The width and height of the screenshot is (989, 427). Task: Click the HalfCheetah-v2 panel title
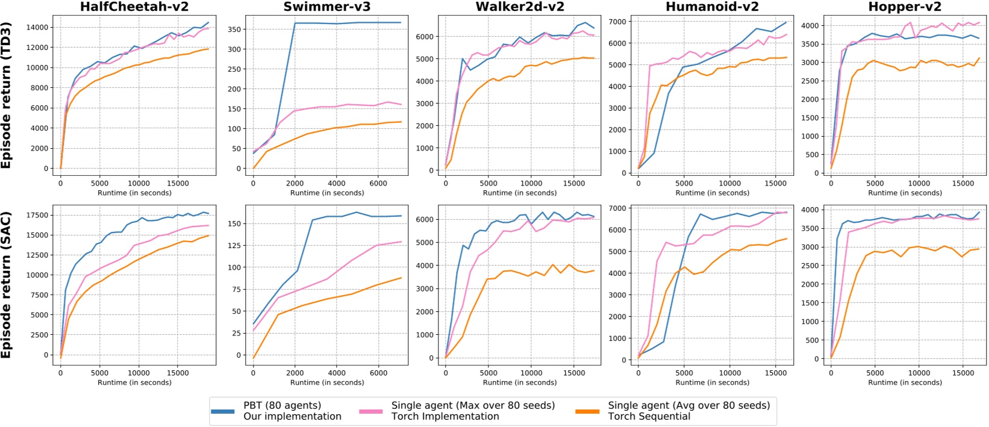point(134,7)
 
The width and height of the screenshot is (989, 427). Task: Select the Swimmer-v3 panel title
point(327,7)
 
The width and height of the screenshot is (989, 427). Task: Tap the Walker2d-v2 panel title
point(520,7)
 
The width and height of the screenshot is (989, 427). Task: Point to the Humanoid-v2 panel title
point(712,7)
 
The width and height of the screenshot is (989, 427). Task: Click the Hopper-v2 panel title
point(905,7)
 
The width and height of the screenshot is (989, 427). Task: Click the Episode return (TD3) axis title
point(7,95)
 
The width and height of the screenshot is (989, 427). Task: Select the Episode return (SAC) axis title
point(7,285)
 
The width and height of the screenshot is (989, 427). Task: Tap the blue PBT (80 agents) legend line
point(222,411)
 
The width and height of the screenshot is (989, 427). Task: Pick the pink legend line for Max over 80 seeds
point(370,411)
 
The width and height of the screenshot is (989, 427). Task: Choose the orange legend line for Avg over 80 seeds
point(587,411)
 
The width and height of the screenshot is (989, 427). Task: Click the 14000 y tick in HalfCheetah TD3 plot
point(37,27)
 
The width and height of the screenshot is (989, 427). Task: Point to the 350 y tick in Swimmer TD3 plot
point(234,29)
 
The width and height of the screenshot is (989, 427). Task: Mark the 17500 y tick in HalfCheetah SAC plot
point(36,215)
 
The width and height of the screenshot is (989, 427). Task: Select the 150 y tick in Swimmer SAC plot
point(234,223)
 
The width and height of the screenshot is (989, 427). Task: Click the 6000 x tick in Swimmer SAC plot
point(378,373)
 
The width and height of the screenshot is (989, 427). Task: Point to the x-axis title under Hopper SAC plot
point(905,382)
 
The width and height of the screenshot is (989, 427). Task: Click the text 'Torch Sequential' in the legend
point(649,416)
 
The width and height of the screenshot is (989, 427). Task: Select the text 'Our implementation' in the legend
point(292,416)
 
